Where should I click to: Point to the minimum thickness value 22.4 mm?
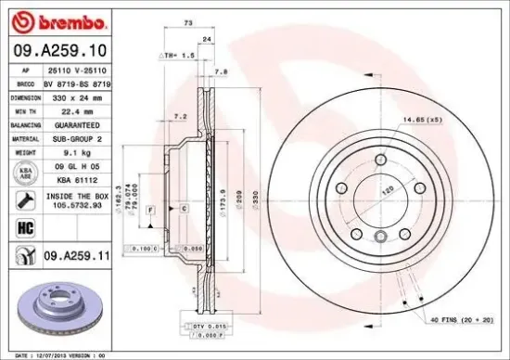pyautogui.click(x=76, y=109)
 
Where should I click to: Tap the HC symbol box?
pyautogui.click(x=20, y=225)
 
